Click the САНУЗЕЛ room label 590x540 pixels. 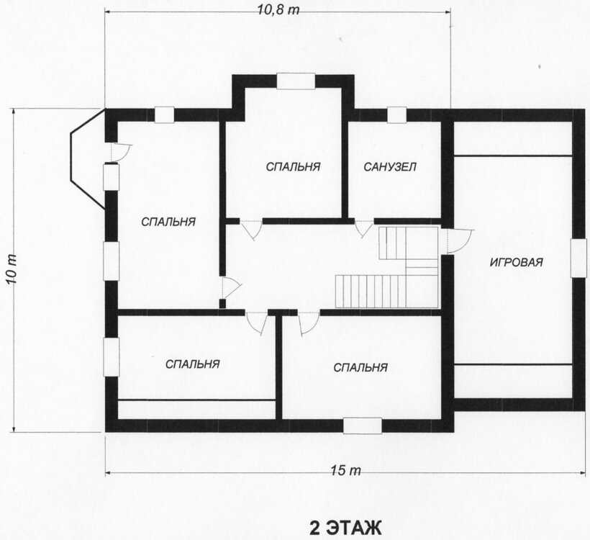tap(390, 166)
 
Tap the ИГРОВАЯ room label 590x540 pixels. tap(517, 262)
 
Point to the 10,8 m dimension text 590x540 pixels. tap(278, 10)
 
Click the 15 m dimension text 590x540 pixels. tap(346, 470)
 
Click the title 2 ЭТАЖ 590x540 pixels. tap(345, 528)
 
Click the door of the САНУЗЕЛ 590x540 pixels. tap(364, 228)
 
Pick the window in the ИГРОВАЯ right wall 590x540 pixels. tap(578, 258)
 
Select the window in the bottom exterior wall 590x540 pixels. tap(363, 426)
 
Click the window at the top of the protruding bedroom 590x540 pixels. tap(296, 81)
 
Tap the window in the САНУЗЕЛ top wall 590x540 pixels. tap(397, 115)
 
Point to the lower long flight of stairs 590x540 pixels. tap(371, 291)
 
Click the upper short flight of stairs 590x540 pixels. tap(392, 243)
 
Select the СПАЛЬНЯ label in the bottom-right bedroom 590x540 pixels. tap(360, 367)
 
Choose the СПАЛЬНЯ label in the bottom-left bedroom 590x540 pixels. tap(193, 364)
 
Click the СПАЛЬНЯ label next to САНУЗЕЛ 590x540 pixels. tap(293, 166)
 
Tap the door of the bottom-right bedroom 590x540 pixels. tap(309, 323)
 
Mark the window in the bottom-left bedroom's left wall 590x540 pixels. tap(112, 356)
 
